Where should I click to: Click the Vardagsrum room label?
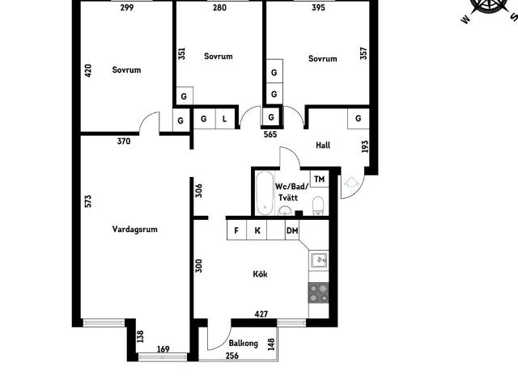(134, 229)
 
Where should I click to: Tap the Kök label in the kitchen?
(260, 274)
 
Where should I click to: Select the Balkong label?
(243, 343)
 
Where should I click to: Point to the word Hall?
(323, 145)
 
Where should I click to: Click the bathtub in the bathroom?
(265, 193)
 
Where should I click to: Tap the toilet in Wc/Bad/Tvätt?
(318, 206)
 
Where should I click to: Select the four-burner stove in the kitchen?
(318, 293)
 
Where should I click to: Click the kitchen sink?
(319, 260)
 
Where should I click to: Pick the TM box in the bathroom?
(319, 179)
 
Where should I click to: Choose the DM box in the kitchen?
(292, 230)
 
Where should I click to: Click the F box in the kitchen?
(236, 230)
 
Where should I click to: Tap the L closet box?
(225, 119)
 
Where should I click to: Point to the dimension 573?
(88, 201)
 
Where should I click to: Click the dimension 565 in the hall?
(270, 135)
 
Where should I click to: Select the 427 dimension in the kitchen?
(261, 314)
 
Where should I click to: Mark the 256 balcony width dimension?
(232, 356)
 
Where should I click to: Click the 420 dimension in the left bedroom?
(88, 70)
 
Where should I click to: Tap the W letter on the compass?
(465, 19)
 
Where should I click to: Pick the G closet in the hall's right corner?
(358, 118)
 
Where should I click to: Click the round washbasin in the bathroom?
(285, 210)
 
